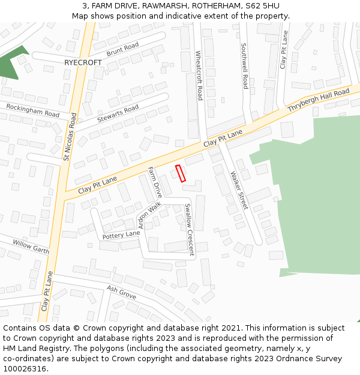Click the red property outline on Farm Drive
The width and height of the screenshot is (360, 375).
[181, 173]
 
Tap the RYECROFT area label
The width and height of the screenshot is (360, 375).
[83, 62]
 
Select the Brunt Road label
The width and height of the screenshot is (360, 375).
[122, 50]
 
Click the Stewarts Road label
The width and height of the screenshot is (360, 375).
[118, 113]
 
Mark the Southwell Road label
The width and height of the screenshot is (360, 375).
[244, 66]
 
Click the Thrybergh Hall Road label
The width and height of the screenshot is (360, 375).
[318, 100]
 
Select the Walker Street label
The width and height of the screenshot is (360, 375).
[239, 190]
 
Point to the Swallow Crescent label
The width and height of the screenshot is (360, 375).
[189, 230]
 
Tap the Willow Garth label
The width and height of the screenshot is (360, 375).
[31, 247]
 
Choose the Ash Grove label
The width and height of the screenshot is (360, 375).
[121, 293]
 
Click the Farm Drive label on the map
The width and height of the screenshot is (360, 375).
[155, 182]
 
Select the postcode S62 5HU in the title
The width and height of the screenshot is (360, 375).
[258, 5]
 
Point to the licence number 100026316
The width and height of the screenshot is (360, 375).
[25, 369]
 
